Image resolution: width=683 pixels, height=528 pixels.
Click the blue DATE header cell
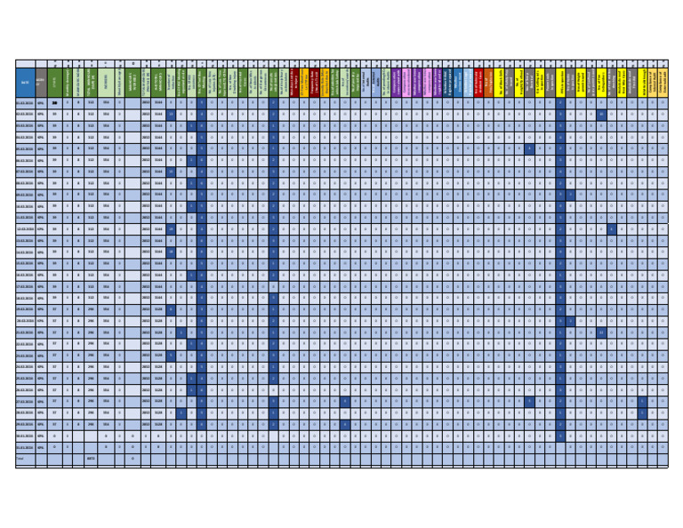pyautogui.click(x=25, y=82)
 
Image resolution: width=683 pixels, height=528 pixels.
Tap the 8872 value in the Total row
pyautogui.click(x=91, y=459)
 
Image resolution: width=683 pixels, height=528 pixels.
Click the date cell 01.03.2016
pyautogui.click(x=25, y=103)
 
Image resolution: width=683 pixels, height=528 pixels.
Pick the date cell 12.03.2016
pyautogui.click(x=25, y=229)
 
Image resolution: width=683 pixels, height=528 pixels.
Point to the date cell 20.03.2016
pyautogui.click(x=25, y=321)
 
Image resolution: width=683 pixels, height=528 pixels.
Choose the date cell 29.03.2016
pyautogui.click(x=25, y=424)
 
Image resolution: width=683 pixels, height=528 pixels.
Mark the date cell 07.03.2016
pyautogui.click(x=25, y=172)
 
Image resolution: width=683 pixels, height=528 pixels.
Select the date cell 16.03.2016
pyautogui.click(x=25, y=276)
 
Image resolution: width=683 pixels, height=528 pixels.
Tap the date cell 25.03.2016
pyautogui.click(x=25, y=379)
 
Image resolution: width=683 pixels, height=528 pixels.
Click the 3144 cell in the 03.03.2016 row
pyautogui.click(x=159, y=126)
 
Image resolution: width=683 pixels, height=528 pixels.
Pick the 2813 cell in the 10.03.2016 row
pyautogui.click(x=146, y=206)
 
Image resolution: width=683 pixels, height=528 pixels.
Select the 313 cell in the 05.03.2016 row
pyautogui.click(x=91, y=149)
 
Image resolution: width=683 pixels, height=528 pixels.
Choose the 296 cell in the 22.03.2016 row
pyautogui.click(x=91, y=344)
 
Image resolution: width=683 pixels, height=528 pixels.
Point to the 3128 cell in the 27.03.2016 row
pyautogui.click(x=159, y=401)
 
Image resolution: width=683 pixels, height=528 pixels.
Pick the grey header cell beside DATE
pyautogui.click(x=41, y=82)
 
